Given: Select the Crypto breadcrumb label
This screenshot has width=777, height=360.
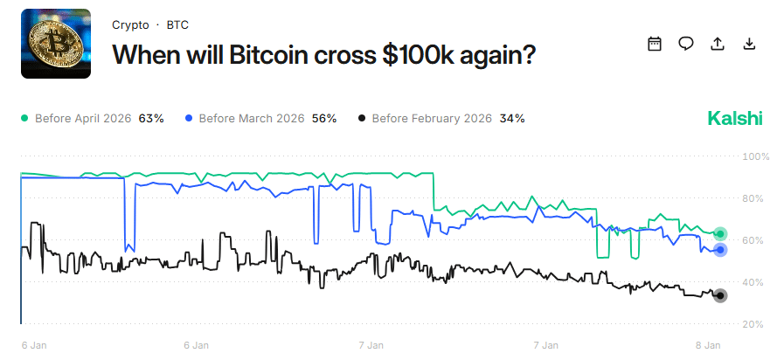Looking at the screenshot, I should pos(130,25).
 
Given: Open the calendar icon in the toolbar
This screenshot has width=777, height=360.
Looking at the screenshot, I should pos(655,44).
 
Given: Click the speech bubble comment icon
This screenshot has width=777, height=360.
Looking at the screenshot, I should pos(686,44).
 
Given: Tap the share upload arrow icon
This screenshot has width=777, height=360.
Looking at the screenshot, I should pos(718,44).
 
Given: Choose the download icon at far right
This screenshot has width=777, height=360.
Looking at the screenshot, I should pos(749,44).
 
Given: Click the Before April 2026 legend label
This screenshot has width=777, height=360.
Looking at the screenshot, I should pos(83,118).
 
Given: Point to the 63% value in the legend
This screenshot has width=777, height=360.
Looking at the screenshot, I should pos(151,118).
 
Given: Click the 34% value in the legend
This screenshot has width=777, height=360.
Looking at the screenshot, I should pos(512,118).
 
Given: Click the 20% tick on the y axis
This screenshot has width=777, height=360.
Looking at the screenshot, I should pos(753,324).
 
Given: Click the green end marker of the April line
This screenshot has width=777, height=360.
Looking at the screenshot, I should pos(720,233).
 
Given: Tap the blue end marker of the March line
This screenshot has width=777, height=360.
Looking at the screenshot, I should pos(720,250).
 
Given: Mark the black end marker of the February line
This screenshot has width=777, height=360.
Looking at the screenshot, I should pos(720,295).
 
